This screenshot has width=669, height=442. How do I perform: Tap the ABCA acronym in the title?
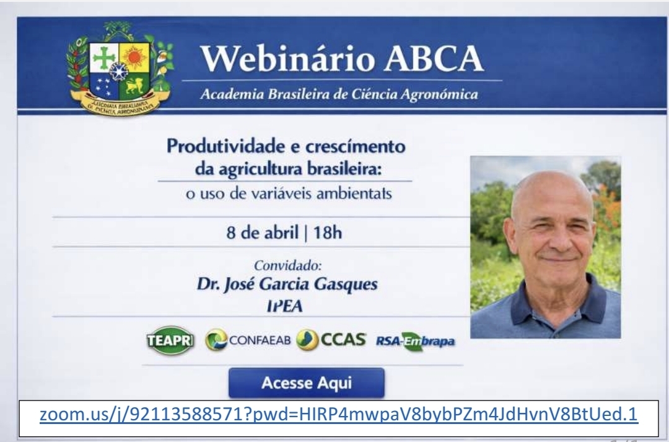click(x=434, y=58)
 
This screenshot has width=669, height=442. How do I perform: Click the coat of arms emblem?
click(x=120, y=68)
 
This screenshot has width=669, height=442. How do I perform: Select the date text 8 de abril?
click(x=263, y=232)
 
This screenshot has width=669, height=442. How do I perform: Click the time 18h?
click(x=327, y=232)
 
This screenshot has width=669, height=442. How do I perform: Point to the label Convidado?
click(x=288, y=265)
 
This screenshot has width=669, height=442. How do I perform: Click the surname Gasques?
click(x=346, y=285)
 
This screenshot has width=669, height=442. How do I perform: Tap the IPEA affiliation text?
click(x=284, y=306)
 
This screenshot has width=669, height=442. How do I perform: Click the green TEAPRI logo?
click(x=170, y=340)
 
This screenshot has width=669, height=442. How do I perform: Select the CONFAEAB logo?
click(x=248, y=340)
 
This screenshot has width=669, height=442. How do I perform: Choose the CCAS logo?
click(x=331, y=340)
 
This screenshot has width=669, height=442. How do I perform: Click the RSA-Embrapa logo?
click(x=415, y=341)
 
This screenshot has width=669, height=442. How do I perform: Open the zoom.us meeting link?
click(x=339, y=414)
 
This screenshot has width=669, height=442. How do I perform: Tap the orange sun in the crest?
click(x=134, y=58)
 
